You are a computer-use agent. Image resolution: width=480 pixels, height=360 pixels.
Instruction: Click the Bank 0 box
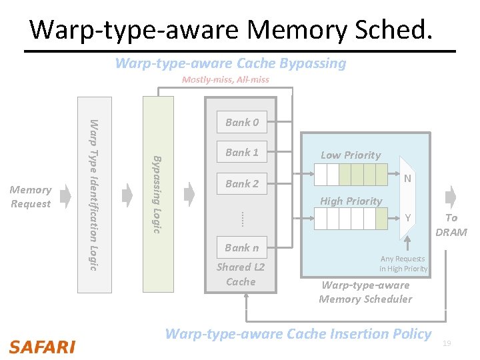[x=242, y=122]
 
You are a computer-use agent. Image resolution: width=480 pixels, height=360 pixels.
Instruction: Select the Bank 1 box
[x=242, y=151]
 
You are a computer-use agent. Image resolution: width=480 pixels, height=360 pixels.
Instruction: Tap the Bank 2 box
[x=242, y=183]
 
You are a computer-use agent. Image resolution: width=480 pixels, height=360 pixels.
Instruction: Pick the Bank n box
[x=242, y=247]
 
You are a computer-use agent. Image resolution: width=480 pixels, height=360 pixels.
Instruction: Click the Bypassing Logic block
[x=158, y=195]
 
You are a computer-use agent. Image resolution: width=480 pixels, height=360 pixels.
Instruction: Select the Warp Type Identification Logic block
[x=95, y=195]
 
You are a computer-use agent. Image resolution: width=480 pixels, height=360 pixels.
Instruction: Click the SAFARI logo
[x=42, y=347]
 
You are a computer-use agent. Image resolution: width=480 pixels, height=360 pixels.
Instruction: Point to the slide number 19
[x=447, y=343]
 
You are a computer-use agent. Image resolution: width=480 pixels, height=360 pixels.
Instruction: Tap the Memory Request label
[x=31, y=197]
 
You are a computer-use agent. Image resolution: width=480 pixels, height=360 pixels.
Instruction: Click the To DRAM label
[x=451, y=225]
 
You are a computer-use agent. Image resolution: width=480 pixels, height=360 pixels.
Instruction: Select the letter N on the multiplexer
[x=407, y=178]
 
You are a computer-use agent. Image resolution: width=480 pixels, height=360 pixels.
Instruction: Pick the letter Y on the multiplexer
[x=407, y=217]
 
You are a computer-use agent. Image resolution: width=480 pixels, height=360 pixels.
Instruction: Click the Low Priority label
[x=351, y=155]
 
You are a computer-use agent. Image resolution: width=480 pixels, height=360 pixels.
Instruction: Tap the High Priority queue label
[x=351, y=201]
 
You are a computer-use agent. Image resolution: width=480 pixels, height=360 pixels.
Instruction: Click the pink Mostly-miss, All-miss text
[x=225, y=79]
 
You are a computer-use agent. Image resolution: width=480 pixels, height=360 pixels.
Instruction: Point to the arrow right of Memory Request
[x=65, y=196]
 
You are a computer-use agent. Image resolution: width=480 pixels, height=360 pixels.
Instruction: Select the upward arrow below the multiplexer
[x=407, y=243]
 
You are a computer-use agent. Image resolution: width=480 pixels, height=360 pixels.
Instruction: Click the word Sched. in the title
[x=393, y=29]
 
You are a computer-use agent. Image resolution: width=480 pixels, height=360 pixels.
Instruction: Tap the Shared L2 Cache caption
[x=241, y=274]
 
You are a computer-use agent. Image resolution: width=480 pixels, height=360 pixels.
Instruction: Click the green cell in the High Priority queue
[x=381, y=218]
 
